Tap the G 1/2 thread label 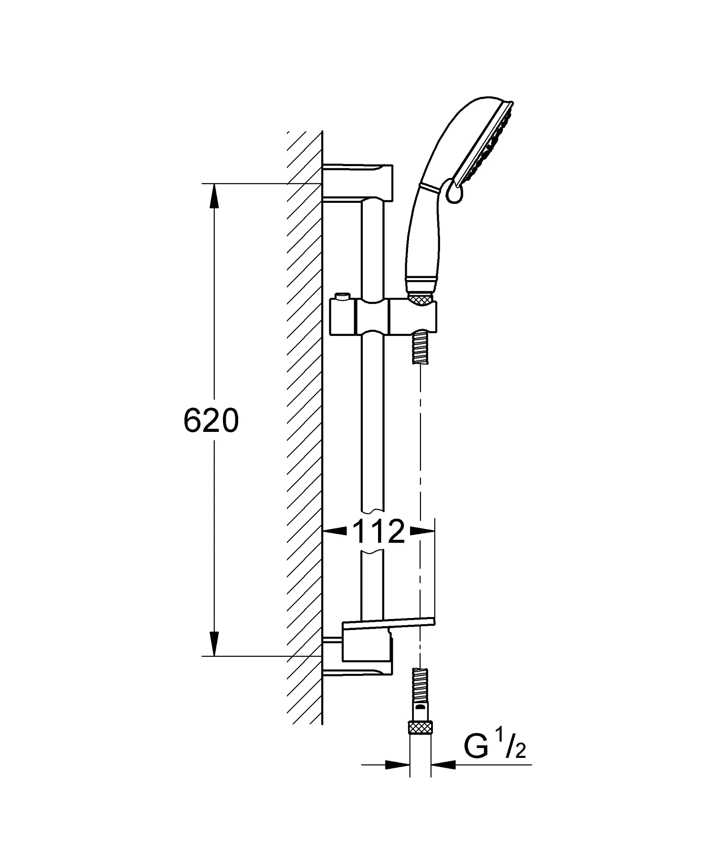click(495, 750)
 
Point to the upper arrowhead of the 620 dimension click(214, 196)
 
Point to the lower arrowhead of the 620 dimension click(214, 643)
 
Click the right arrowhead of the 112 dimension click(422, 530)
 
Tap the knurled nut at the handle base click(421, 299)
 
